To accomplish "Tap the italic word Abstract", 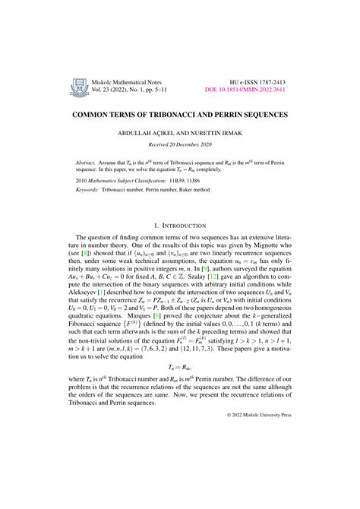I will pyautogui.click(x=88, y=163).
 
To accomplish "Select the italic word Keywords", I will pyautogui.click(x=90, y=193).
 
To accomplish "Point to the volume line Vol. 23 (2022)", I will pyautogui.click(x=114, y=90).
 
